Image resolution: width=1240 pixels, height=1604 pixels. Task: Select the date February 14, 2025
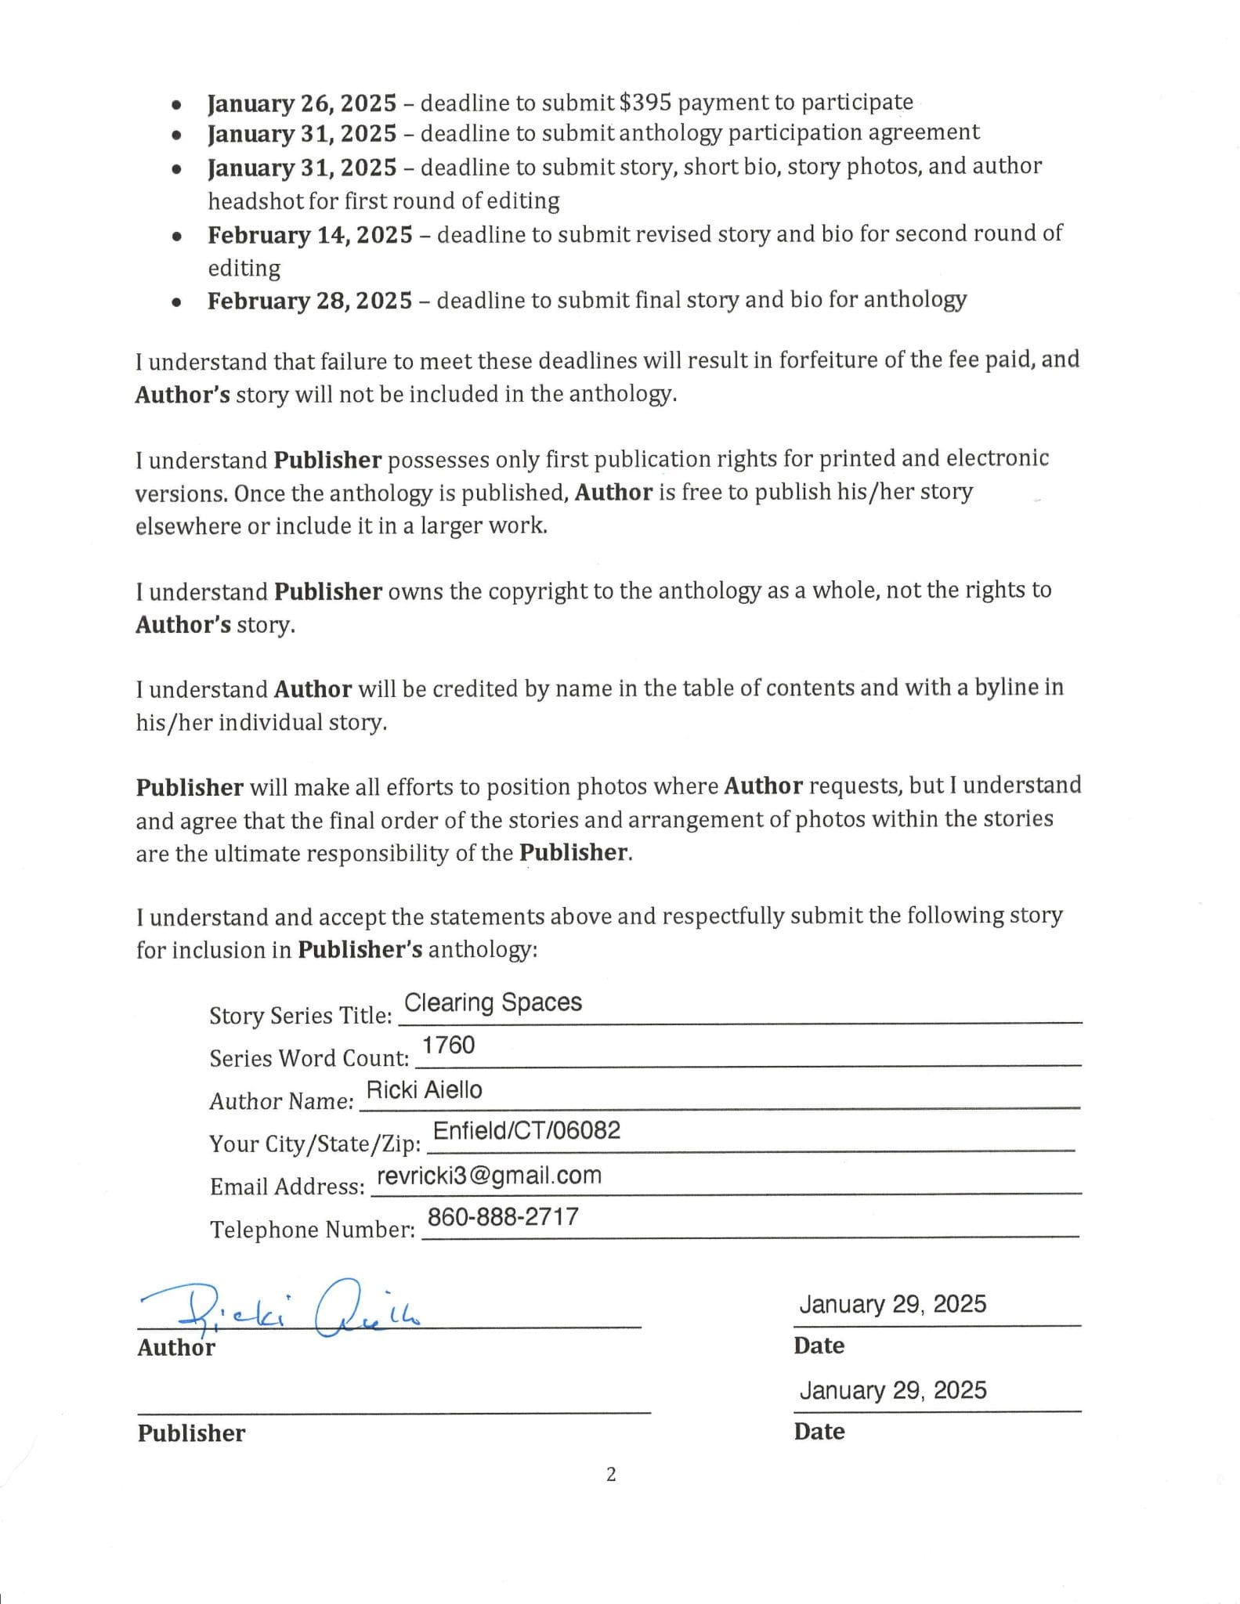(x=309, y=235)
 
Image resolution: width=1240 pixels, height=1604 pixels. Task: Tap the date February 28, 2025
(x=309, y=301)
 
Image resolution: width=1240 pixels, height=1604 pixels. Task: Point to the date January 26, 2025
(x=302, y=103)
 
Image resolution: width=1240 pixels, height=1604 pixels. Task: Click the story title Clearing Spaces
(x=493, y=1002)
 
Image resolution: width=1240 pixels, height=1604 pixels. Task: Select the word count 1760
(x=448, y=1045)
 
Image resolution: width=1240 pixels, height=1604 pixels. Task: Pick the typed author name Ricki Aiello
(x=424, y=1089)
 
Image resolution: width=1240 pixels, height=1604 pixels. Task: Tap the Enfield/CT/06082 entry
(x=526, y=1130)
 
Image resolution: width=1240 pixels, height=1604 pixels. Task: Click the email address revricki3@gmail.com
(x=489, y=1175)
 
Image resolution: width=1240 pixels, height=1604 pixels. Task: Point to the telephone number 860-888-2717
(x=503, y=1216)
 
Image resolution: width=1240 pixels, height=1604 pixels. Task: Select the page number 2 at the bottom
(x=611, y=1475)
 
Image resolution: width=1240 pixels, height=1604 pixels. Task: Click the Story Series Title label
(x=300, y=1015)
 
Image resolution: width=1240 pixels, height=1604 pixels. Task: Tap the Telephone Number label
(x=312, y=1230)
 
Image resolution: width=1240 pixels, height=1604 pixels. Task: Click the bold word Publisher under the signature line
(x=191, y=1433)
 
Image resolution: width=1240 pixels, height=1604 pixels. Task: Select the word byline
(x=1007, y=687)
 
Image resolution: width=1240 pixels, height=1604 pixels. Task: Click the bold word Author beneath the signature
(x=175, y=1347)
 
